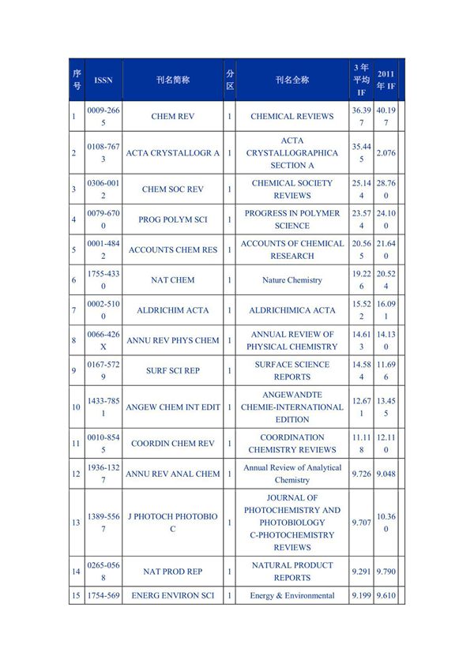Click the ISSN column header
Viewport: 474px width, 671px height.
(103, 80)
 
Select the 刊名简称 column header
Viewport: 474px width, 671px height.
(173, 80)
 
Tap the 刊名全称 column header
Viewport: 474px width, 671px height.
(292, 80)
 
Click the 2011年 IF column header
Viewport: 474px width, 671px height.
(386, 80)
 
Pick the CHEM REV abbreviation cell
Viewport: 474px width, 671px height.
(173, 116)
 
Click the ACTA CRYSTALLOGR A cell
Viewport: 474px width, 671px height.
(173, 153)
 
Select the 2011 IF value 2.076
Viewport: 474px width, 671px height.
(386, 153)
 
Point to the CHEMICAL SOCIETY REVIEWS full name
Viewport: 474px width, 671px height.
(292, 189)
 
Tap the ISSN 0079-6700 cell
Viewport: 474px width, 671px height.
(103, 219)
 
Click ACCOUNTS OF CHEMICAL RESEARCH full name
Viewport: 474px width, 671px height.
(292, 249)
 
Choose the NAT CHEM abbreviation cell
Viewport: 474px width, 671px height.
(173, 279)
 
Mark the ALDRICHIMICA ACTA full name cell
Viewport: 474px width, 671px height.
(292, 310)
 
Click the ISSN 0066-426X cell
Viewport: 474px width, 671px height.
(103, 340)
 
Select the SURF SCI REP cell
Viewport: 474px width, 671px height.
(173, 371)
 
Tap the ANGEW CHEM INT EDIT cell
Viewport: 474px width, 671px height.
(173, 407)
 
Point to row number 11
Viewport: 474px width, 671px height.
(75, 444)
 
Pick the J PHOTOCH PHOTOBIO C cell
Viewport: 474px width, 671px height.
(173, 523)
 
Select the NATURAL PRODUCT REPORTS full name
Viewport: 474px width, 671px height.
(292, 572)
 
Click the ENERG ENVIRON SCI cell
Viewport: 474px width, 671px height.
(173, 595)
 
